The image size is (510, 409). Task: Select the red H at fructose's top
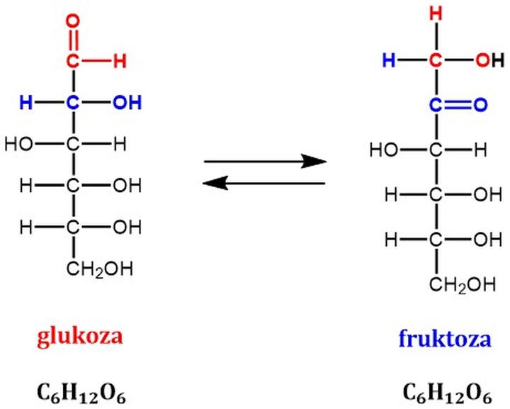438,13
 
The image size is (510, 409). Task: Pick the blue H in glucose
26,103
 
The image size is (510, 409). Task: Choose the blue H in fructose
389,61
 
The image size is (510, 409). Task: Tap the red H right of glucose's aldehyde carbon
120,61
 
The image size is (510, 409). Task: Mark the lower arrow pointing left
264,184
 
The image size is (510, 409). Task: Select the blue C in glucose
73,103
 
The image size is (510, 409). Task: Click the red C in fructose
438,61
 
